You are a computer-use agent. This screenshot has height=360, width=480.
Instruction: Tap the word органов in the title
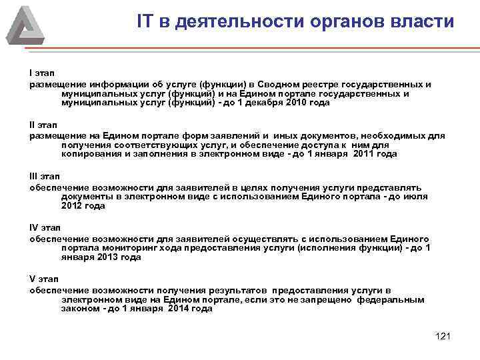[x=339, y=21]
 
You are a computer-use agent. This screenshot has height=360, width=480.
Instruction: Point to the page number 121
[x=443, y=335]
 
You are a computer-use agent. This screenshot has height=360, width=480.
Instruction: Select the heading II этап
[x=44, y=125]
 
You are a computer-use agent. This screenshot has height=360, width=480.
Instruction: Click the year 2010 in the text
[x=297, y=104]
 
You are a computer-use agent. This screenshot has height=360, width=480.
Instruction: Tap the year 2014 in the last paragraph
[x=179, y=309]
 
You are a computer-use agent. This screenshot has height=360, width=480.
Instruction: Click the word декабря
[x=264, y=104]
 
